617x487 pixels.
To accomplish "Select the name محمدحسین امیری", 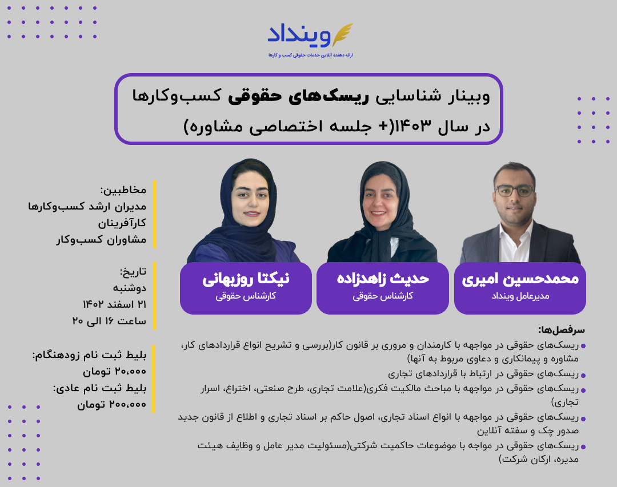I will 520,279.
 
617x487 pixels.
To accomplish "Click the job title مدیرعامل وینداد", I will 520,296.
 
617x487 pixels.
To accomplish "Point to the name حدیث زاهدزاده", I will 383,279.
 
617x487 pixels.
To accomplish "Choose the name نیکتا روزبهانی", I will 246,279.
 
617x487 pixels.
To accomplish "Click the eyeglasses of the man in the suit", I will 514,191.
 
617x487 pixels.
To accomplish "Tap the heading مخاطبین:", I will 123,190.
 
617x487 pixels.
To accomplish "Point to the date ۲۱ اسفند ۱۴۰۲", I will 114,304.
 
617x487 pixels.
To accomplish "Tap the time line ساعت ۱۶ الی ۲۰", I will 109,321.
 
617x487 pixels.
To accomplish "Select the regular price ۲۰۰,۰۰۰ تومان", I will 111,405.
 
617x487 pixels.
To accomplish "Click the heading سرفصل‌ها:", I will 562,330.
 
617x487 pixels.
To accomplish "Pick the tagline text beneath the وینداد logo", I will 311,55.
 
